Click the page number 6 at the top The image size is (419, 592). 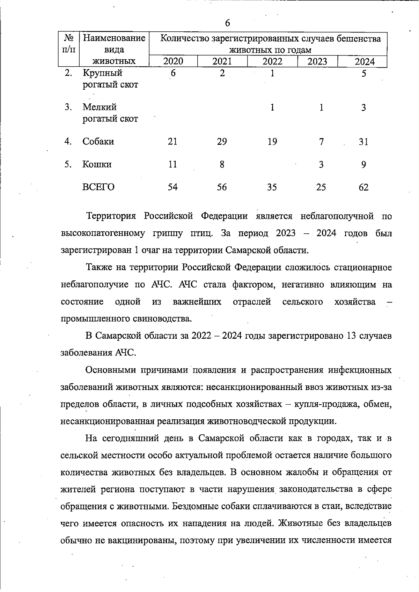[227, 23]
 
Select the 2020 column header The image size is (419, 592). [173, 62]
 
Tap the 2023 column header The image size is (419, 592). [317, 62]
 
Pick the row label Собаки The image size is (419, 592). [98, 142]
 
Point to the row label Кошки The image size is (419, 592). [97, 164]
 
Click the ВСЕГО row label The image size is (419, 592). [98, 187]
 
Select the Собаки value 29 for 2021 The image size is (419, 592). [222, 142]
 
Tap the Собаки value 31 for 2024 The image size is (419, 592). [363, 142]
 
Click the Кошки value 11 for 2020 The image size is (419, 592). [172, 164]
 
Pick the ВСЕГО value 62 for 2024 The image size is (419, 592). [363, 187]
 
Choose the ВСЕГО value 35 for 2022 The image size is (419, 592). [272, 187]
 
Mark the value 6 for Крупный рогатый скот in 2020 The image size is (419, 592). [173, 73]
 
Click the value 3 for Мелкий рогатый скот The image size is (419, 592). [363, 107]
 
